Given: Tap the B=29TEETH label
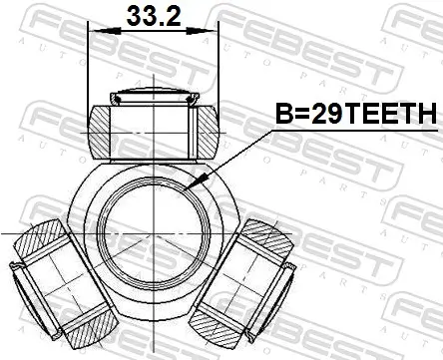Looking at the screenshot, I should tap(355, 117).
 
